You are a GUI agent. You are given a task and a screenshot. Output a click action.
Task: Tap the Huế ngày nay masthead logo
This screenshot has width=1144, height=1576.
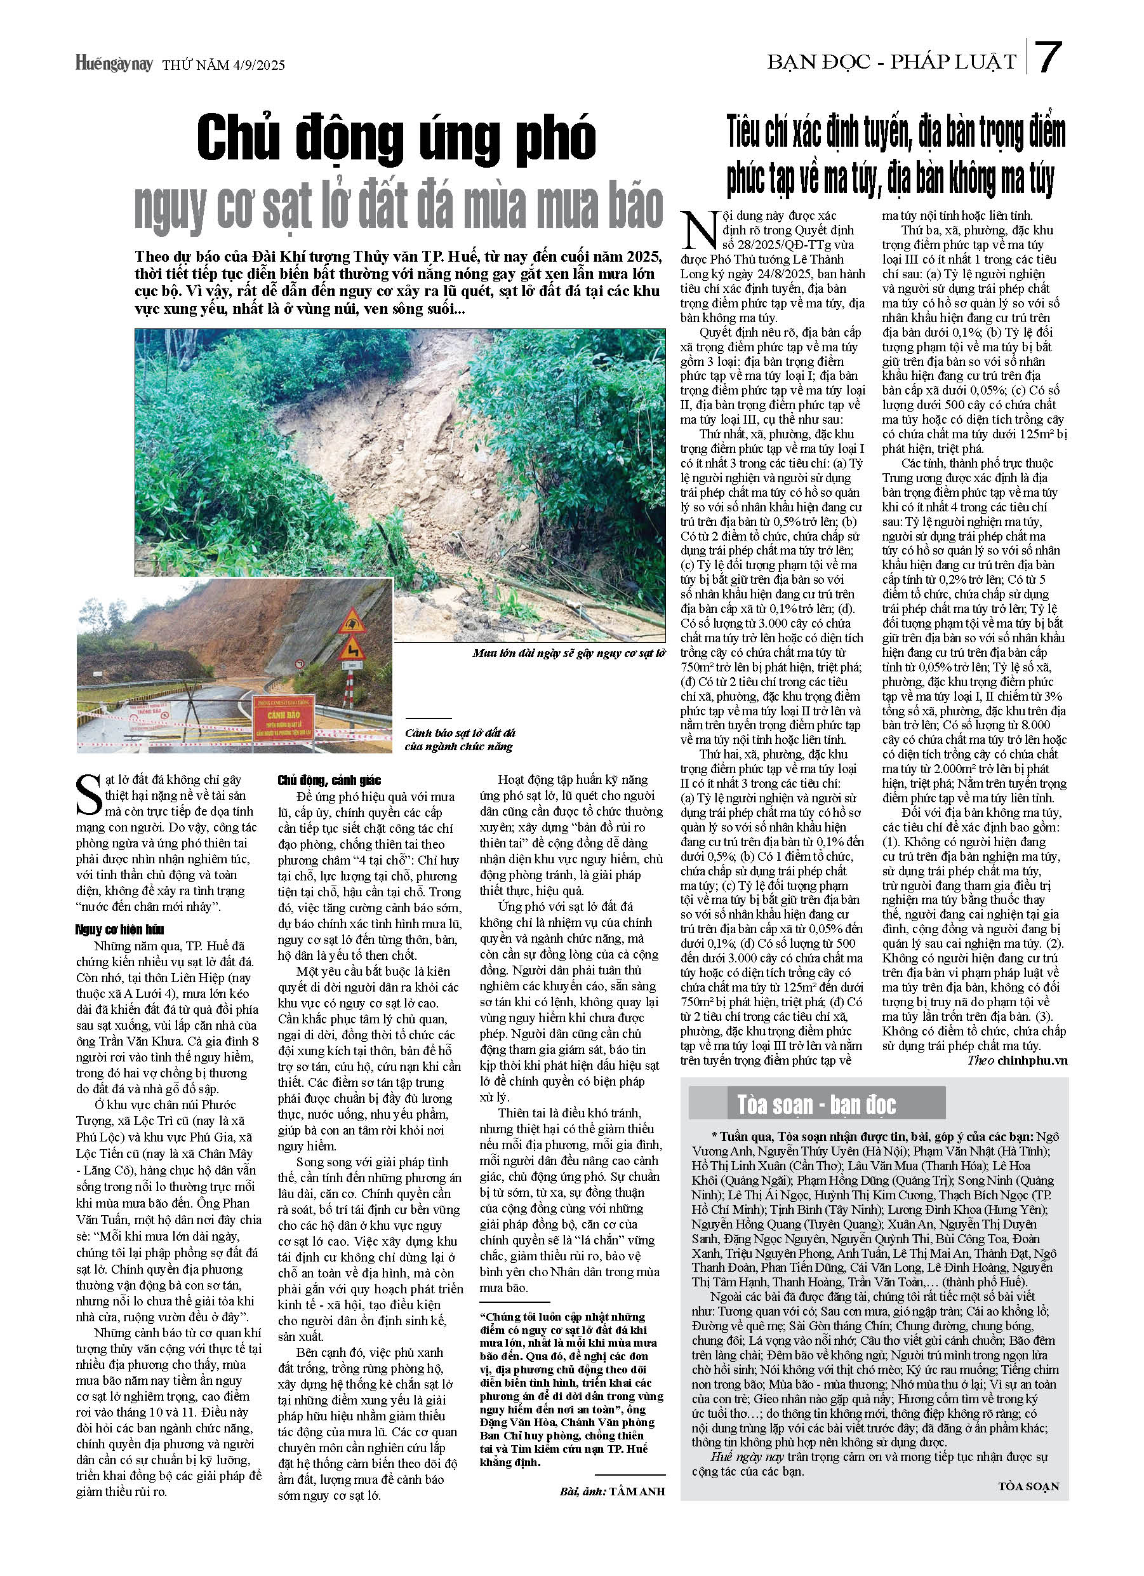[x=114, y=65]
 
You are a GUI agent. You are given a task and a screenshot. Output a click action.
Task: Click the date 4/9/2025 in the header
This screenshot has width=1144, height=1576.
[x=250, y=65]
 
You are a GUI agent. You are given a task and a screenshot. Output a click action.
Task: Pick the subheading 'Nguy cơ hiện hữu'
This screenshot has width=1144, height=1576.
[x=119, y=930]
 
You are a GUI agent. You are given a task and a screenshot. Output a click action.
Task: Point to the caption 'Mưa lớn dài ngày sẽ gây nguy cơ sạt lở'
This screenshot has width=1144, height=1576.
[x=568, y=654]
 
